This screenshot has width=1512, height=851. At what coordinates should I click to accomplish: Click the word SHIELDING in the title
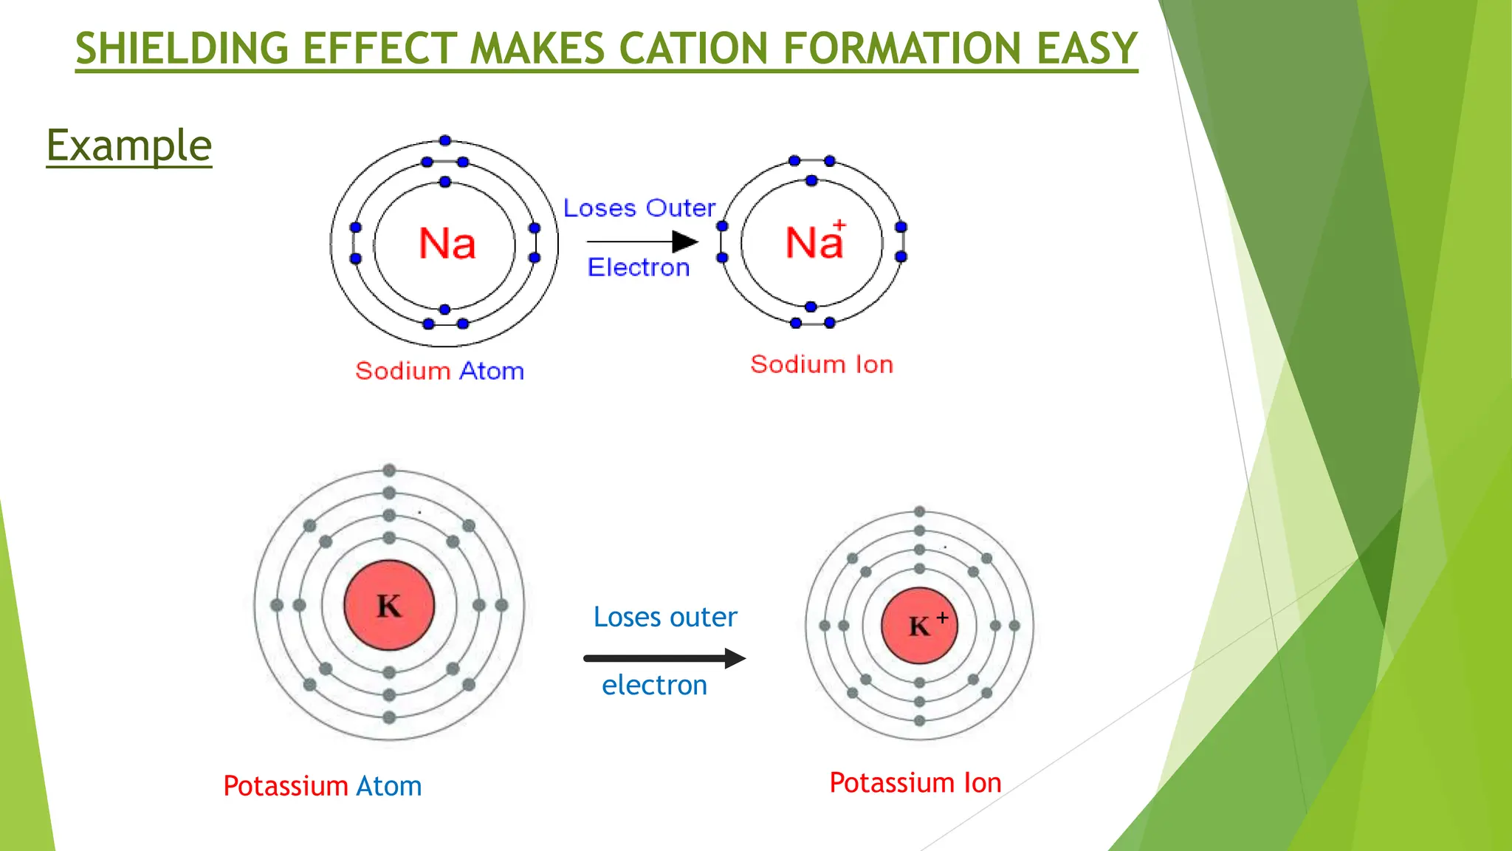[x=181, y=49]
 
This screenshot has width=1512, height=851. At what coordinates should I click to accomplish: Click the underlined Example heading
[x=129, y=145]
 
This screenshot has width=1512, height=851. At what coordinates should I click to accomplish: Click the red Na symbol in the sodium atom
[x=447, y=243]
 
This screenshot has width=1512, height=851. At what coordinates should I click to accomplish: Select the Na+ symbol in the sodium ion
[x=814, y=242]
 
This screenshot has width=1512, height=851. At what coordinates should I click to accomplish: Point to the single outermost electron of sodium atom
[x=444, y=140]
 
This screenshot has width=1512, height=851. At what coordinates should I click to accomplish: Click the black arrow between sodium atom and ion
[x=642, y=242]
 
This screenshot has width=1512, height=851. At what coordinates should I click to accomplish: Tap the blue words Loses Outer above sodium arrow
[x=639, y=208]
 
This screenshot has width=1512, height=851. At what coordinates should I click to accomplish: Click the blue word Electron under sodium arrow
[x=639, y=267]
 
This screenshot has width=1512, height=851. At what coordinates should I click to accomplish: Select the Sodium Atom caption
[x=440, y=371]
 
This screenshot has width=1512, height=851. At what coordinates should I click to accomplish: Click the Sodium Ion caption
[x=822, y=364]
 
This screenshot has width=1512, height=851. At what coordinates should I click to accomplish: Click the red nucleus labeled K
[x=389, y=606]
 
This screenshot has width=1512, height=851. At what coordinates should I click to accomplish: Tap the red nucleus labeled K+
[x=919, y=626]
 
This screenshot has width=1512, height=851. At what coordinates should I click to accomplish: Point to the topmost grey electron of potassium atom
[x=389, y=471]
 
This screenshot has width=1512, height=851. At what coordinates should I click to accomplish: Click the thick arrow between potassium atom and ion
[x=664, y=658]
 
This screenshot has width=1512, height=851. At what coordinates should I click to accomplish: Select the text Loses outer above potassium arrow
[x=665, y=617]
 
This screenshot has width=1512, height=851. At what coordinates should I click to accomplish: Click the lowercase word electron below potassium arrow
[x=654, y=685]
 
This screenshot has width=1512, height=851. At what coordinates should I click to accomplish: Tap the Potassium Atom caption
[x=323, y=785]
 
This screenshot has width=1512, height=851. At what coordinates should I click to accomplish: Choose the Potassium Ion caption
[x=915, y=782]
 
